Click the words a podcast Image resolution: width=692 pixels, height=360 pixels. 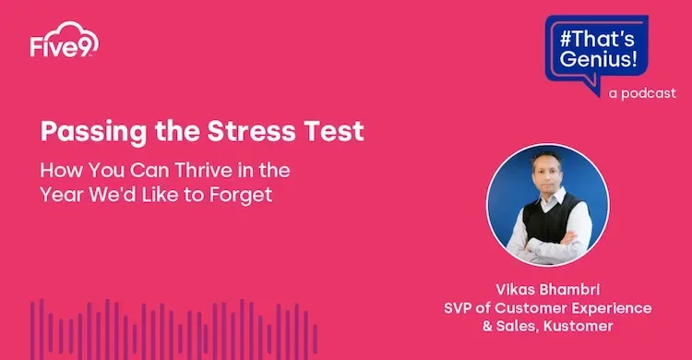coord(642,93)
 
